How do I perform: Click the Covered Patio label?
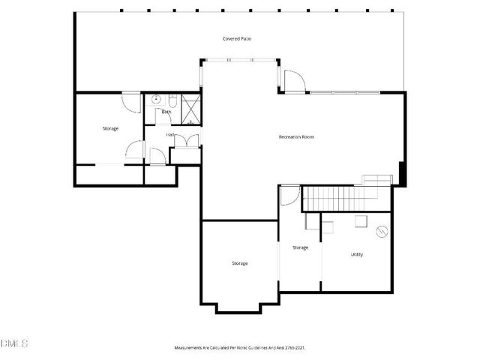click(236, 38)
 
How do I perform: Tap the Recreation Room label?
click(295, 136)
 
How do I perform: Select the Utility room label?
click(357, 254)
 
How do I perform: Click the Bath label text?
click(166, 112)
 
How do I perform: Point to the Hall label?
click(170, 135)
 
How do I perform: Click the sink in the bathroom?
click(157, 99)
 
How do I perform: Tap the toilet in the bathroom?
click(172, 99)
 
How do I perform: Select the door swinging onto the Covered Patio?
click(294, 80)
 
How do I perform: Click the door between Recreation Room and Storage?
click(289, 196)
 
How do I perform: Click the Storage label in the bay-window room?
click(239, 263)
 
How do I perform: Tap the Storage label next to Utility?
click(300, 247)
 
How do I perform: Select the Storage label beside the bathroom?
click(110, 128)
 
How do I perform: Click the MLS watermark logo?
click(14, 343)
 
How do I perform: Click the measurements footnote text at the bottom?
click(240, 348)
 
